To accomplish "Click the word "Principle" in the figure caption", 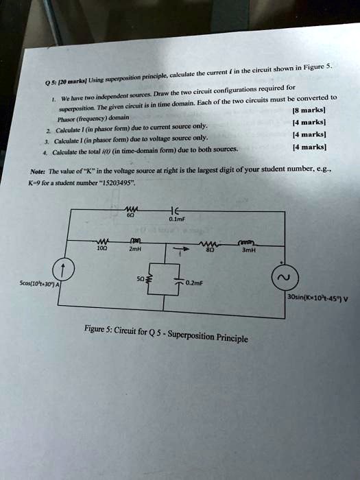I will point(233,338).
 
